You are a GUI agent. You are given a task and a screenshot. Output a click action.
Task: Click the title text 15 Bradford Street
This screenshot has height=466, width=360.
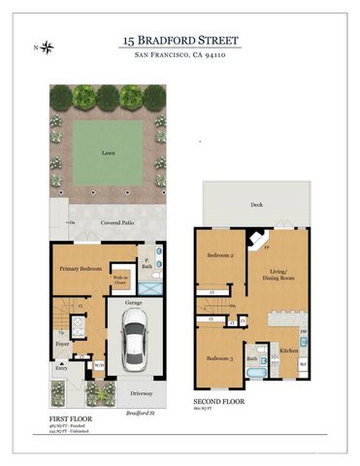point(180,40)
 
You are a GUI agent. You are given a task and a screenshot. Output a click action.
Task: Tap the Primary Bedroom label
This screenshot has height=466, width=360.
point(81,268)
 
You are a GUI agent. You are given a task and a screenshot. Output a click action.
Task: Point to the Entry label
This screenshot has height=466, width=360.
point(61,368)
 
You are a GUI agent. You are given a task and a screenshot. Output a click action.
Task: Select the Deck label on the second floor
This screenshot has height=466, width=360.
point(256,206)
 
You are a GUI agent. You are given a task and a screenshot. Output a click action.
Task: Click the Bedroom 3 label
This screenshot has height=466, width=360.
point(220,358)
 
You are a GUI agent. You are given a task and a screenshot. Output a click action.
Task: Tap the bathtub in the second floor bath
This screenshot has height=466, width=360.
point(252,370)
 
